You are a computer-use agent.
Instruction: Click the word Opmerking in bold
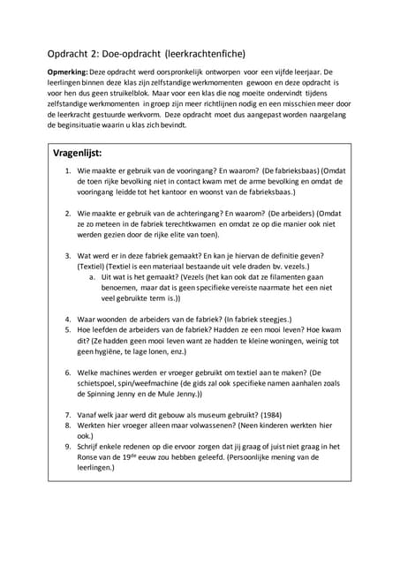(x=66, y=71)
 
